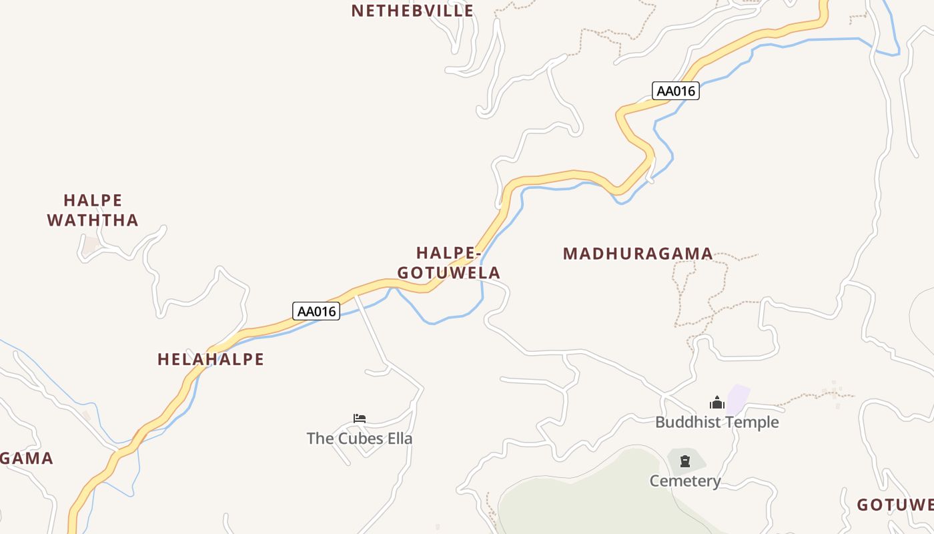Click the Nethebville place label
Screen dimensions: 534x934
412,11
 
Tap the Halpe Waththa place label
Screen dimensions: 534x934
93,210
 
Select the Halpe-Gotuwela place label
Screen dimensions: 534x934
448,263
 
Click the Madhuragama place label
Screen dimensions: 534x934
638,254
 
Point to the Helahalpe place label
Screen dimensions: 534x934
211,360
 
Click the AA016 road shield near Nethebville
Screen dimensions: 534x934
675,91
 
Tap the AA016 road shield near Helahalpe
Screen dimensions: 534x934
316,311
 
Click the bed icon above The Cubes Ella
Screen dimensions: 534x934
360,419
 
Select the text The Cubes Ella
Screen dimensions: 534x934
360,439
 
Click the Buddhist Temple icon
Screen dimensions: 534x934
717,403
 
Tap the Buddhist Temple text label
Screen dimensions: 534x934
717,423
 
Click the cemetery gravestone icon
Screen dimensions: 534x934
685,461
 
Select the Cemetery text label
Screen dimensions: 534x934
685,481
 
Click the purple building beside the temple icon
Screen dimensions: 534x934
737,398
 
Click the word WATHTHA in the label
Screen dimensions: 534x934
93,220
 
